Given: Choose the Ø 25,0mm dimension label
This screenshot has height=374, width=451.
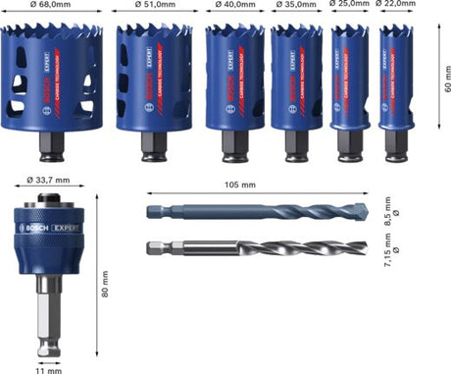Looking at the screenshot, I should [x=350, y=4].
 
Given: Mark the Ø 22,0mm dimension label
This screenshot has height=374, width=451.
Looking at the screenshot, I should [x=399, y=4].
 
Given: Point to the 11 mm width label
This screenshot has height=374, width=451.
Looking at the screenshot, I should [x=42, y=368].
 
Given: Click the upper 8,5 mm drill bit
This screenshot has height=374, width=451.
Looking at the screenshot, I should [x=265, y=211].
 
